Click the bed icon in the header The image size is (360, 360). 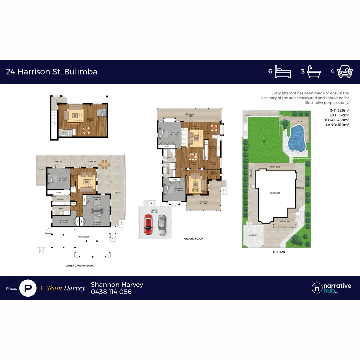point(283,72)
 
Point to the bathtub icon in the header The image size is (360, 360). point(314,72)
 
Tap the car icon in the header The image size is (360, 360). point(345,72)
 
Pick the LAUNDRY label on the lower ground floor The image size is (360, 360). point(61,199)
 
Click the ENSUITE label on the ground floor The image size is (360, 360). point(168,170)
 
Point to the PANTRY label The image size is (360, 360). point(213,163)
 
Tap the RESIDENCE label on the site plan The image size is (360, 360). point(275,193)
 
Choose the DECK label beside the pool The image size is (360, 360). point(300,122)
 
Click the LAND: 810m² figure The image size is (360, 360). point(337,125)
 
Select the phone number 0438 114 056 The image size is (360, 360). point(111,292)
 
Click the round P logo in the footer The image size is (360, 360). point(28,288)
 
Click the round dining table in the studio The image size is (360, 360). point(86,130)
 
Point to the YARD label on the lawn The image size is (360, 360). point(264,141)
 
